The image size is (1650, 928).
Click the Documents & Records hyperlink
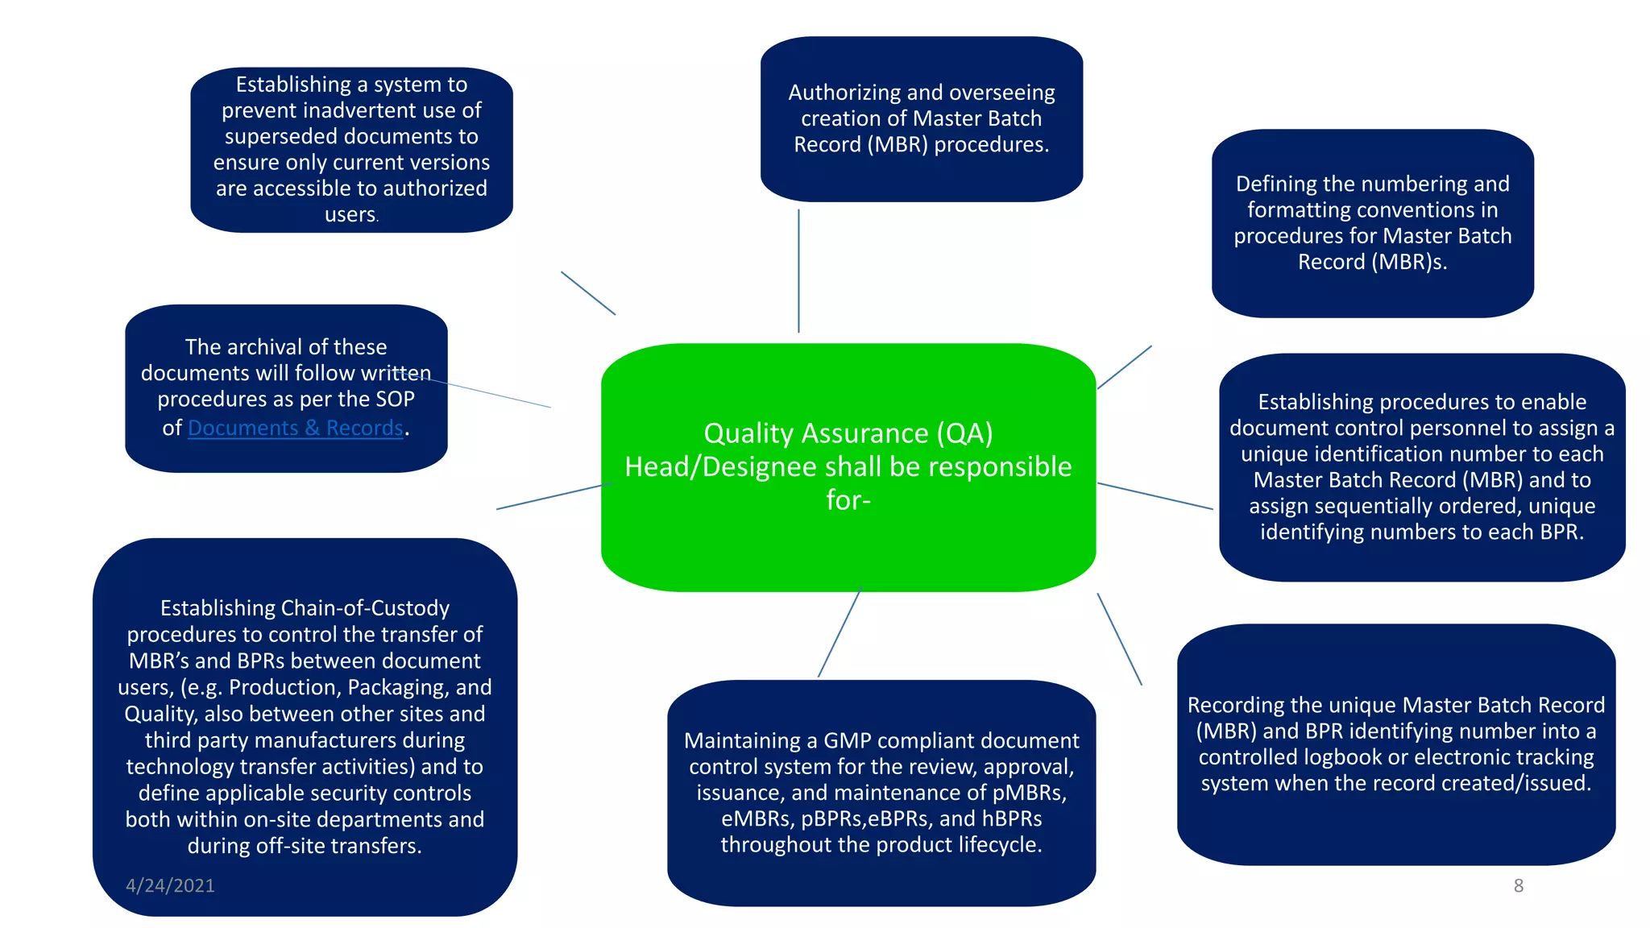[x=295, y=428]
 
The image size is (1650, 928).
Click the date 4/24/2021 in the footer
[x=170, y=885]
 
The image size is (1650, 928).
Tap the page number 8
[x=1518, y=885]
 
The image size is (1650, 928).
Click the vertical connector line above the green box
[x=798, y=270]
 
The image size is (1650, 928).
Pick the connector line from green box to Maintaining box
[x=839, y=633]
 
